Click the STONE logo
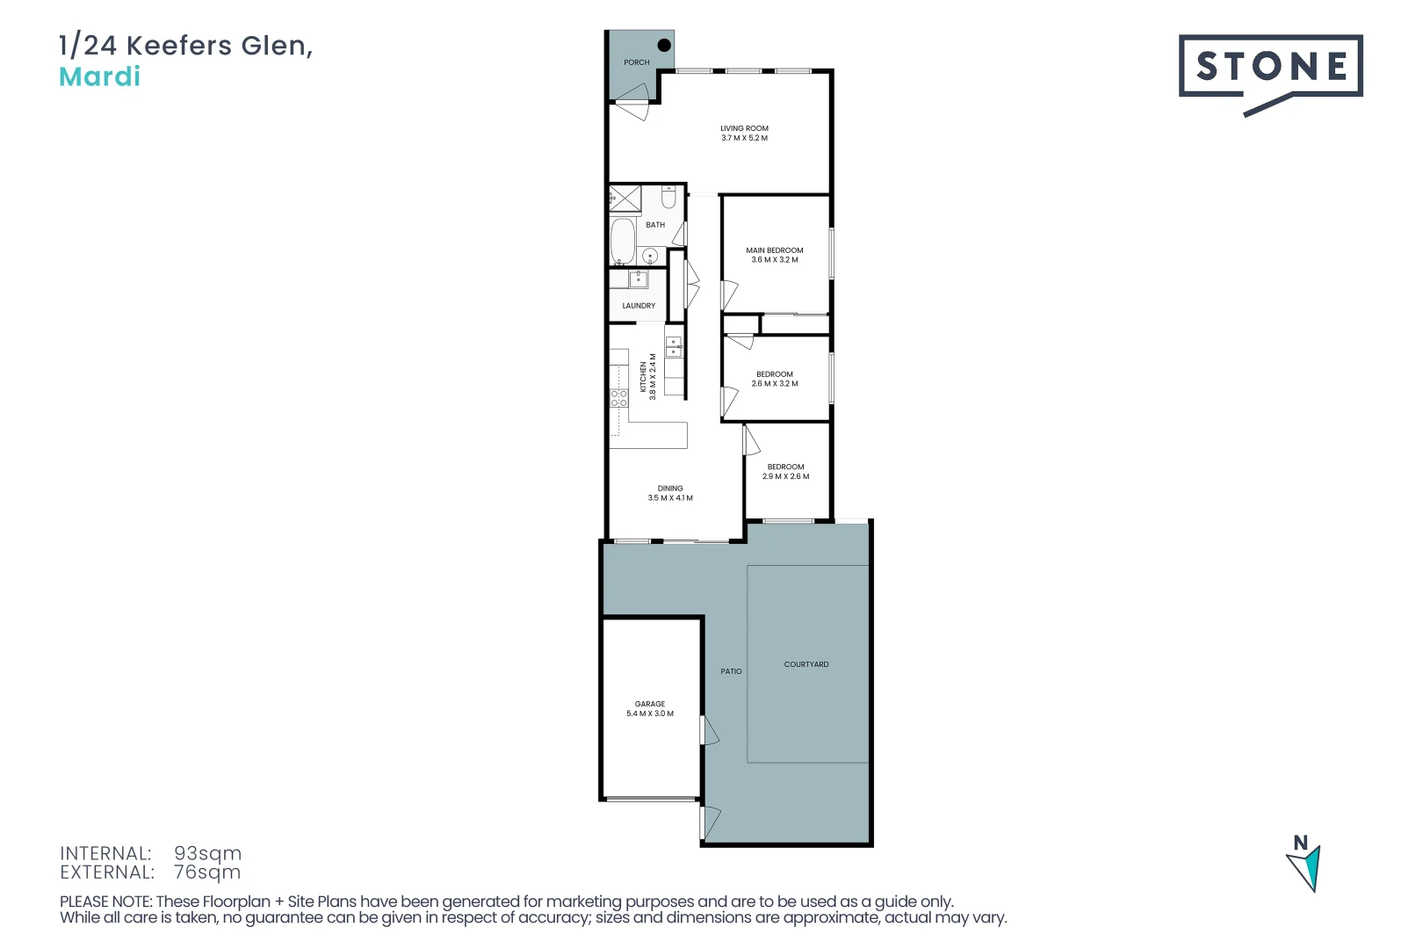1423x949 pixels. pyautogui.click(x=1270, y=67)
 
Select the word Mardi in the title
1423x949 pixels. pyautogui.click(x=99, y=77)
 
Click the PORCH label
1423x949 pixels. pyautogui.click(x=637, y=62)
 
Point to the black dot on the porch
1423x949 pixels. pyautogui.click(x=664, y=45)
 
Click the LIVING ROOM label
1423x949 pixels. pyautogui.click(x=744, y=128)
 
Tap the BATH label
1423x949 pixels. pyautogui.click(x=655, y=225)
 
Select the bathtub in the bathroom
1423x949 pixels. pyautogui.click(x=623, y=241)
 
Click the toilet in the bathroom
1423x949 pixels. pyautogui.click(x=668, y=198)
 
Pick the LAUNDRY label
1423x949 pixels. pyautogui.click(x=639, y=306)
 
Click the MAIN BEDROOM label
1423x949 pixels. pyautogui.click(x=775, y=250)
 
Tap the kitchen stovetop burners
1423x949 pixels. pyautogui.click(x=619, y=398)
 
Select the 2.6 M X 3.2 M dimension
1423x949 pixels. pyautogui.click(x=775, y=384)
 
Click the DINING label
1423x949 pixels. pyautogui.click(x=670, y=489)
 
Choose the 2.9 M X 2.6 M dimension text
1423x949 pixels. pyautogui.click(x=786, y=476)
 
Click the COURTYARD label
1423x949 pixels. pyautogui.click(x=806, y=664)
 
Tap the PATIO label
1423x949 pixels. pyautogui.click(x=732, y=671)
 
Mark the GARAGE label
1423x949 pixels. pyautogui.click(x=650, y=704)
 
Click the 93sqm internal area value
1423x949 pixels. pyautogui.click(x=207, y=853)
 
